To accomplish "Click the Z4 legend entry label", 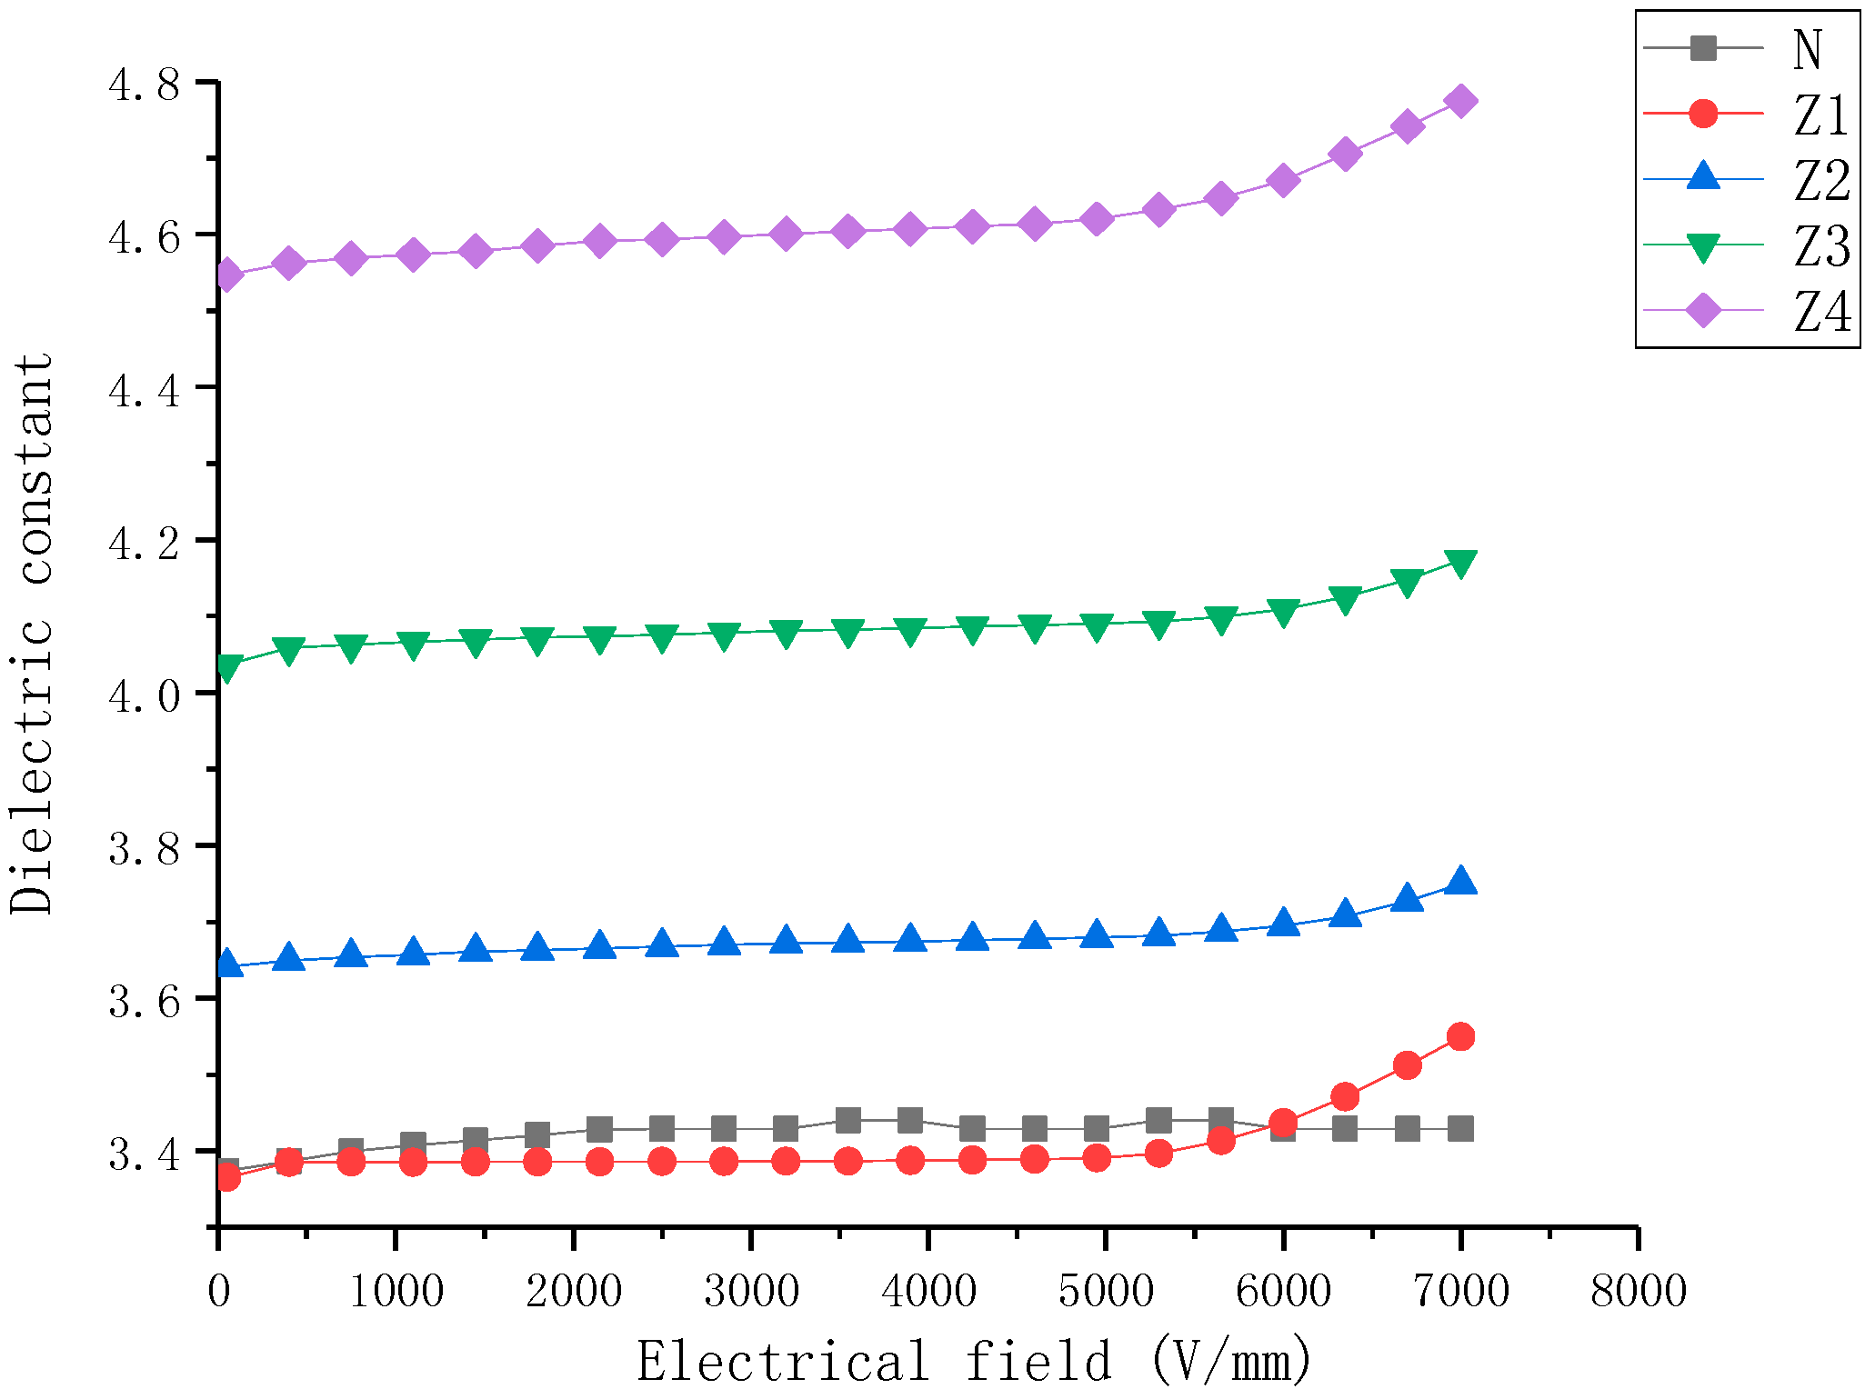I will (x=1821, y=312).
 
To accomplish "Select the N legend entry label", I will (x=1807, y=50).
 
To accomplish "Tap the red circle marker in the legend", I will (x=1702, y=114).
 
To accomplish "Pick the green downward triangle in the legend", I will (x=1702, y=246).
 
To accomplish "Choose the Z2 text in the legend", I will (x=1821, y=181).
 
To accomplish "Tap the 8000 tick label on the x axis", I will (x=1638, y=1291).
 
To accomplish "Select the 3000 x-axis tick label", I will (x=751, y=1291).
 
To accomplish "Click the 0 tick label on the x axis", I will (x=219, y=1291).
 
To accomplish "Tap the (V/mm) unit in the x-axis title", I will (x=1231, y=1362).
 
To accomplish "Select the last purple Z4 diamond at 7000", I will (x=1460, y=101).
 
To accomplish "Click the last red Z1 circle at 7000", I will (x=1460, y=1036).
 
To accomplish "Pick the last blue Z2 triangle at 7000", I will (x=1460, y=881).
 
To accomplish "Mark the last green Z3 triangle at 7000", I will (x=1460, y=564).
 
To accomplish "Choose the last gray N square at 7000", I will (x=1460, y=1129).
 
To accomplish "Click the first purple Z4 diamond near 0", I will (x=227, y=275).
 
